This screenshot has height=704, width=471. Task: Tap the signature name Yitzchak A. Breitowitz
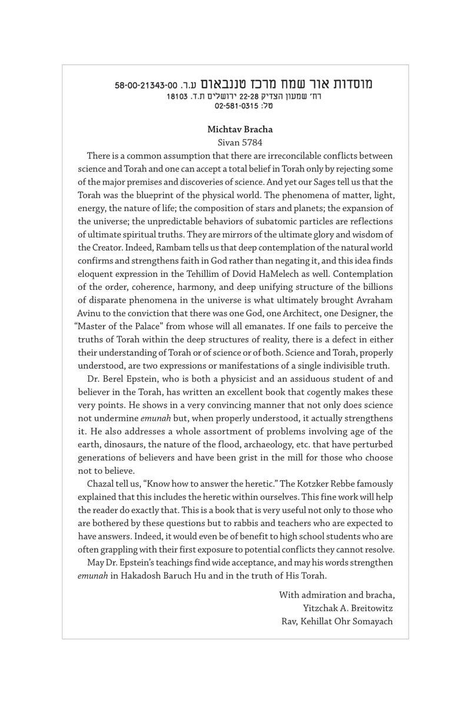pos(346,607)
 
